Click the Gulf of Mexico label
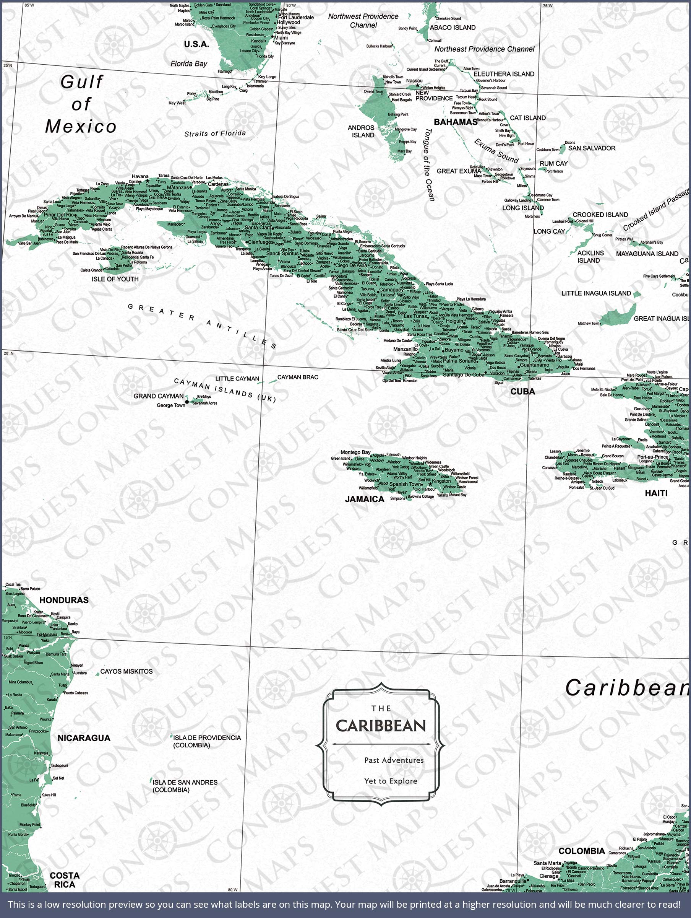tap(81, 104)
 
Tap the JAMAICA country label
tap(365, 499)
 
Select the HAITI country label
tap(656, 493)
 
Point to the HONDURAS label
tap(64, 600)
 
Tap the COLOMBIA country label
tap(581, 851)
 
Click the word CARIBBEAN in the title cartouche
tap(381, 726)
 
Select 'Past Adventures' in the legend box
tap(394, 760)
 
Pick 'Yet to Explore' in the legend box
tap(390, 781)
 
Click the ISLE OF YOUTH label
tap(115, 279)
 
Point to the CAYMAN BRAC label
tap(298, 377)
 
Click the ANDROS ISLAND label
tap(361, 132)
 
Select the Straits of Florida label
tap(215, 133)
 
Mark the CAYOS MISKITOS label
tap(126, 672)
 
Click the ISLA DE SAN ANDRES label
tap(185, 786)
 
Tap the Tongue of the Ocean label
tap(428, 165)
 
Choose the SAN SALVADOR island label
tap(592, 148)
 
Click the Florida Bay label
tap(189, 64)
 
